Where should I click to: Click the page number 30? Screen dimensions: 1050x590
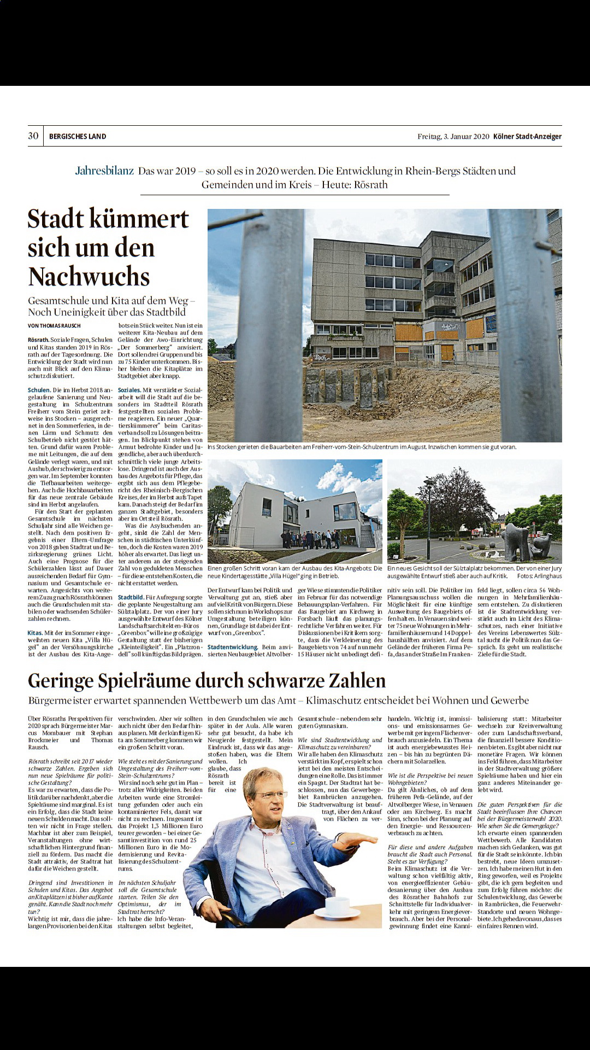33,136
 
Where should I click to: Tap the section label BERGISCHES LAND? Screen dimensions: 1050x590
78,137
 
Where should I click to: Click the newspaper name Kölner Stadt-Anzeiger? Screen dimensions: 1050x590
527,137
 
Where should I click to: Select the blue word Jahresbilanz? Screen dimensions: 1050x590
104,171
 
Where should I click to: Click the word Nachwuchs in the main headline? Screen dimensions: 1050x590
89,277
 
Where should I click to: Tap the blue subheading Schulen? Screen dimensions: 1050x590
39,390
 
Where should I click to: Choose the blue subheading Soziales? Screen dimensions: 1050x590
129,390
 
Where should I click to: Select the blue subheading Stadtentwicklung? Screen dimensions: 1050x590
233,647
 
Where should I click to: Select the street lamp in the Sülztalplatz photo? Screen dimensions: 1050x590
430,514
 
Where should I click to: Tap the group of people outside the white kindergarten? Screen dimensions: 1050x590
309,539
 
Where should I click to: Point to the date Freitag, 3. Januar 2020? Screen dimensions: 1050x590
453,137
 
